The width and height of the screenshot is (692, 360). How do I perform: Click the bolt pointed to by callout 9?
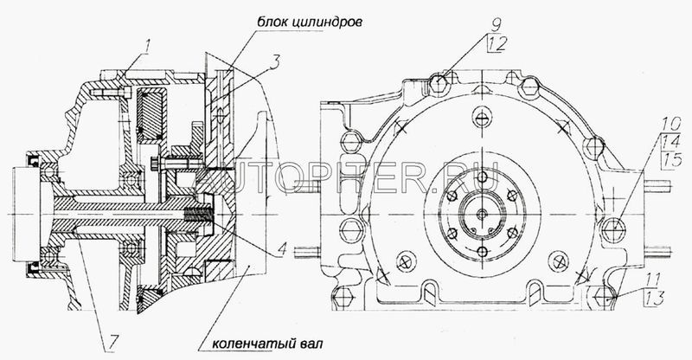[438, 83]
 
